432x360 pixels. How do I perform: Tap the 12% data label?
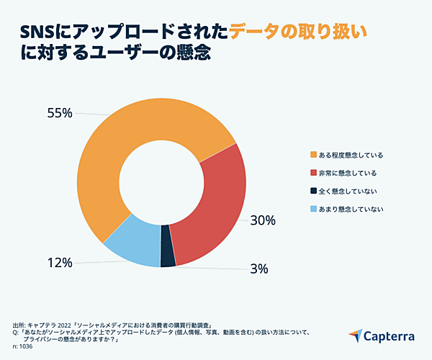point(60,263)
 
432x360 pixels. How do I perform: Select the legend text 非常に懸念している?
point(348,173)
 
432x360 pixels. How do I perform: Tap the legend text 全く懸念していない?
point(348,191)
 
